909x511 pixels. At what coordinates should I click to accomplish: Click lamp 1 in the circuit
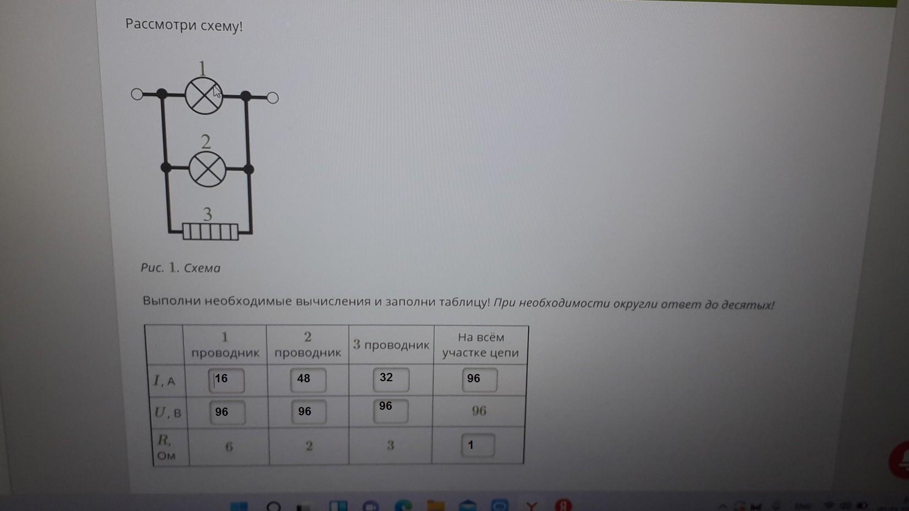(x=204, y=96)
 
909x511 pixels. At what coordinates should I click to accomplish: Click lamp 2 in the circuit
(x=207, y=169)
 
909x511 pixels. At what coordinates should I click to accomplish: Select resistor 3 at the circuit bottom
(x=210, y=232)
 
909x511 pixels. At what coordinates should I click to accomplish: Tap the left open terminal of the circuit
(x=137, y=95)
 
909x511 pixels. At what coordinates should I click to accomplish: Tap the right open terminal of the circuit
(x=273, y=98)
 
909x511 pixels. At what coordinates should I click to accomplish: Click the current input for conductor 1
(x=227, y=381)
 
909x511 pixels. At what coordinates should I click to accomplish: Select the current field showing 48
(x=308, y=380)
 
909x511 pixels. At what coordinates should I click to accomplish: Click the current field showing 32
(x=391, y=380)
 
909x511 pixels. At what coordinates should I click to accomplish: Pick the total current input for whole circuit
(x=480, y=380)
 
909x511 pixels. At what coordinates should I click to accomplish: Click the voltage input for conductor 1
(x=227, y=413)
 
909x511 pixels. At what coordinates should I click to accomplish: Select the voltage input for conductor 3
(x=391, y=411)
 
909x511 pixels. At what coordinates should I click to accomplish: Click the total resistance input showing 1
(x=478, y=446)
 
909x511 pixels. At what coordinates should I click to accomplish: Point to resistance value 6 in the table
(x=229, y=447)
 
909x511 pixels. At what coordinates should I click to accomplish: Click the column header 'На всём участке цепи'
(x=481, y=345)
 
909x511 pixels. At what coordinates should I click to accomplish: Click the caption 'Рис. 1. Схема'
(x=180, y=268)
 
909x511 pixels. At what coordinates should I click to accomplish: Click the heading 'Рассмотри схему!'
(x=184, y=25)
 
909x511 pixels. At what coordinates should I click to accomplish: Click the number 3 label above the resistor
(x=207, y=214)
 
